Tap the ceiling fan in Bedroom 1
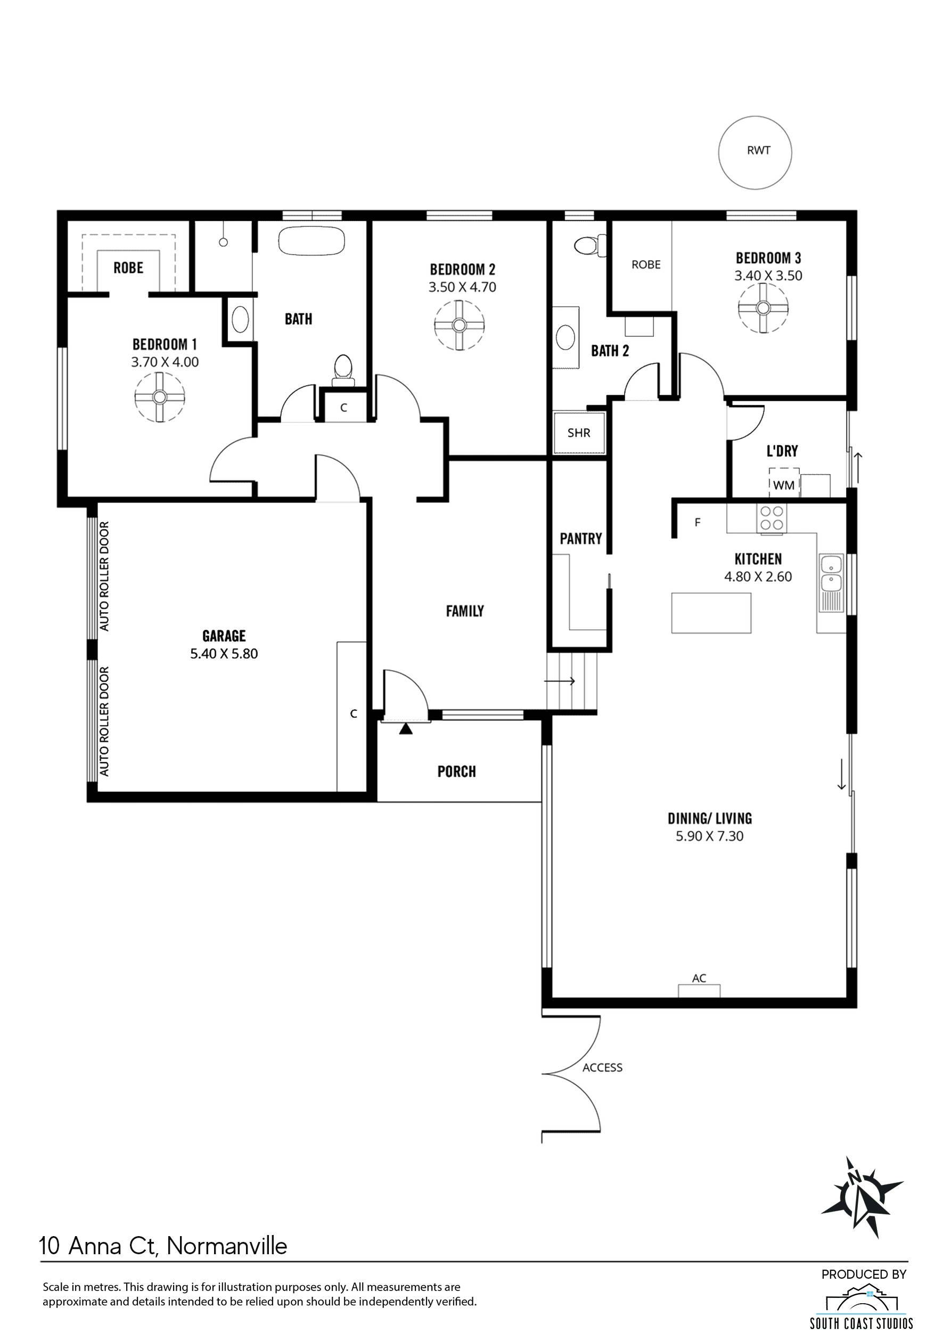[159, 397]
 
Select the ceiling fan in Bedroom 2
[460, 324]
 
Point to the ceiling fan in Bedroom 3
[763, 307]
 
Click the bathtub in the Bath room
[311, 240]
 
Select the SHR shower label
[579, 433]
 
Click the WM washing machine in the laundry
[783, 485]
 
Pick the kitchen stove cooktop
[772, 518]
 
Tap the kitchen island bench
[711, 613]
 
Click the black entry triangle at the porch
[405, 729]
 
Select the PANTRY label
[581, 539]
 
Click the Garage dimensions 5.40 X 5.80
[224, 653]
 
